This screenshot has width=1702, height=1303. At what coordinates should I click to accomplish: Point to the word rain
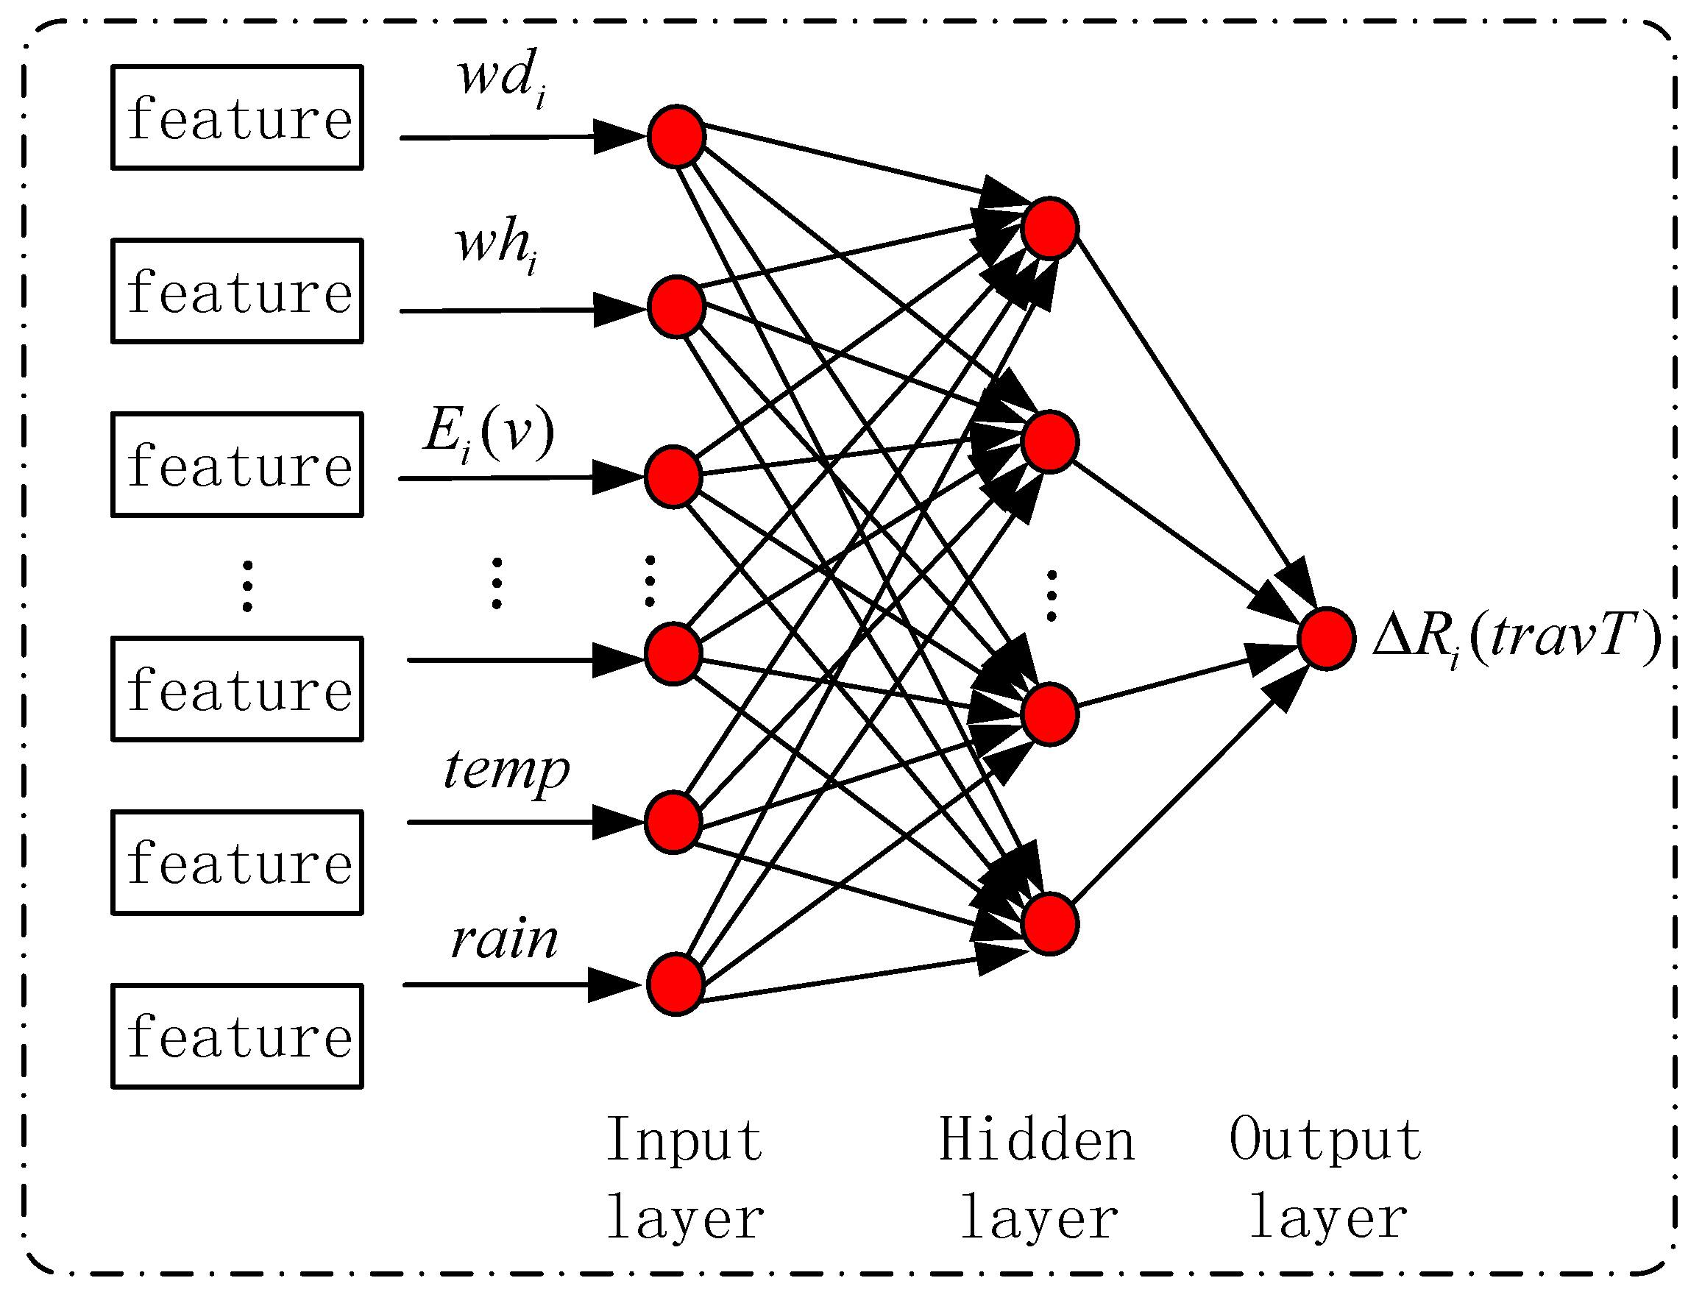(504, 940)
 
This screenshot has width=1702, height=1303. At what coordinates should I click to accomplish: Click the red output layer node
(1327, 639)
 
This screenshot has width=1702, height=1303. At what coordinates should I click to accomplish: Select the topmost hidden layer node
(1049, 228)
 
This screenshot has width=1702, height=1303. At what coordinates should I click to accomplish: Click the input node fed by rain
(675, 984)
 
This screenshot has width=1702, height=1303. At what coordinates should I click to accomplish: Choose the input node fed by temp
(673, 822)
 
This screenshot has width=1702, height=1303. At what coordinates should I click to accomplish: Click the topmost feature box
(238, 117)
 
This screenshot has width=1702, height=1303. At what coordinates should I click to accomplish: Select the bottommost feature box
(238, 1036)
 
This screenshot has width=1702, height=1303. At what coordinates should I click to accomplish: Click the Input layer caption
(684, 1177)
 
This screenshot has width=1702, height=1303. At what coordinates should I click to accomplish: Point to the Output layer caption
(1327, 1177)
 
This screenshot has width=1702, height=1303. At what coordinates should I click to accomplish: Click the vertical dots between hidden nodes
(1052, 596)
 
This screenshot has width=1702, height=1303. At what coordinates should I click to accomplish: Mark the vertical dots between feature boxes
(247, 586)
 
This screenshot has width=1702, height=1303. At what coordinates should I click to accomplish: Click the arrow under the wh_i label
(520, 310)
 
